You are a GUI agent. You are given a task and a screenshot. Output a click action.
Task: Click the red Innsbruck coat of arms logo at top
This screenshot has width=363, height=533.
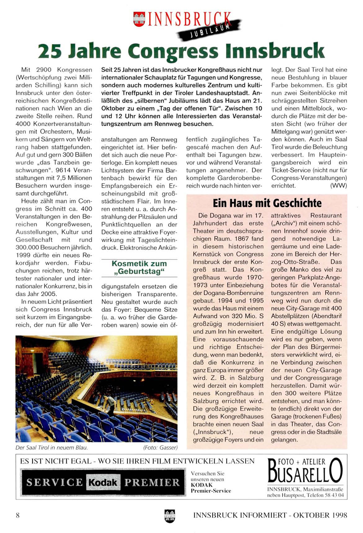coord(139,19)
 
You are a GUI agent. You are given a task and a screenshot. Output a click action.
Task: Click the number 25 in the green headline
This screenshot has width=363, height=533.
coord(50,51)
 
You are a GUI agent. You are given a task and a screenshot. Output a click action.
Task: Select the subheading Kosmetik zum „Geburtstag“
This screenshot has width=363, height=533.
coord(139,268)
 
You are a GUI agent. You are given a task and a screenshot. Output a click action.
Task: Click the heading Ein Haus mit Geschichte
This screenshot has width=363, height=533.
coord(267,203)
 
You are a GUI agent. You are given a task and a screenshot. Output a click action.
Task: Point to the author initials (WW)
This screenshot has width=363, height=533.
coord(339,186)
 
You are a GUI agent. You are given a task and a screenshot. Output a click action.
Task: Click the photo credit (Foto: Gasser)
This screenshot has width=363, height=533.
coord(160,448)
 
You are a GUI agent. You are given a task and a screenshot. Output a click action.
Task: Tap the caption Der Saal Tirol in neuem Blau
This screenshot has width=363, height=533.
coord(52,448)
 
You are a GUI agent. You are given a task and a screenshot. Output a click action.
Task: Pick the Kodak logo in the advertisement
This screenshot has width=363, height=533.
coord(103,482)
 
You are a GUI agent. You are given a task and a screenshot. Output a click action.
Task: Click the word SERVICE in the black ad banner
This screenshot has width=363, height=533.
coord(55,482)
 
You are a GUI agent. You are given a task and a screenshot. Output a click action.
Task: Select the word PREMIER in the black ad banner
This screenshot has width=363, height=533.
coord(152,482)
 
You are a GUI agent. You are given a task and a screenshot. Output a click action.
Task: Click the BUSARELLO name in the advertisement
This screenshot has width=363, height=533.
coord(305,472)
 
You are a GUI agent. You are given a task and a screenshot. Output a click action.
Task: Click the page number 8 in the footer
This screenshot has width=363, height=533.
coord(18,515)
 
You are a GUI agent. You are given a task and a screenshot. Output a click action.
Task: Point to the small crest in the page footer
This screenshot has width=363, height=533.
coord(170,516)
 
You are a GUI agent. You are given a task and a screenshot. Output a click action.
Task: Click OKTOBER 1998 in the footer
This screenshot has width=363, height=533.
coord(320,515)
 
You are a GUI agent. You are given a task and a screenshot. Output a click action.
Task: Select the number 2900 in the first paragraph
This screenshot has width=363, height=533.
coord(44,70)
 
